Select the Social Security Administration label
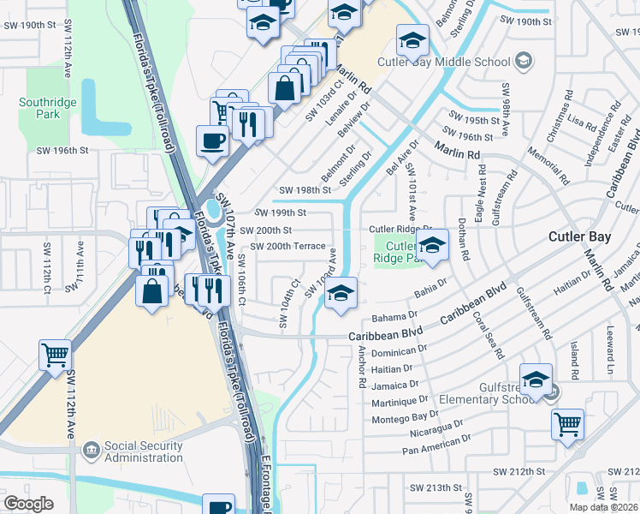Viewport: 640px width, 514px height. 143,452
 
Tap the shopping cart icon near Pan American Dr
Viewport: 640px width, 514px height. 567,423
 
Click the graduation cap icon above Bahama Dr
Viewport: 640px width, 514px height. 341,295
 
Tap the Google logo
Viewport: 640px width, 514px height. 28,504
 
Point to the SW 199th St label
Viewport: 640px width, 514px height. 280,212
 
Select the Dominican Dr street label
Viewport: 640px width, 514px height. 400,351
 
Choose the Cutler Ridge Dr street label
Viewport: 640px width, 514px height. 401,230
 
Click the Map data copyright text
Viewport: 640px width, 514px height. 602,507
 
